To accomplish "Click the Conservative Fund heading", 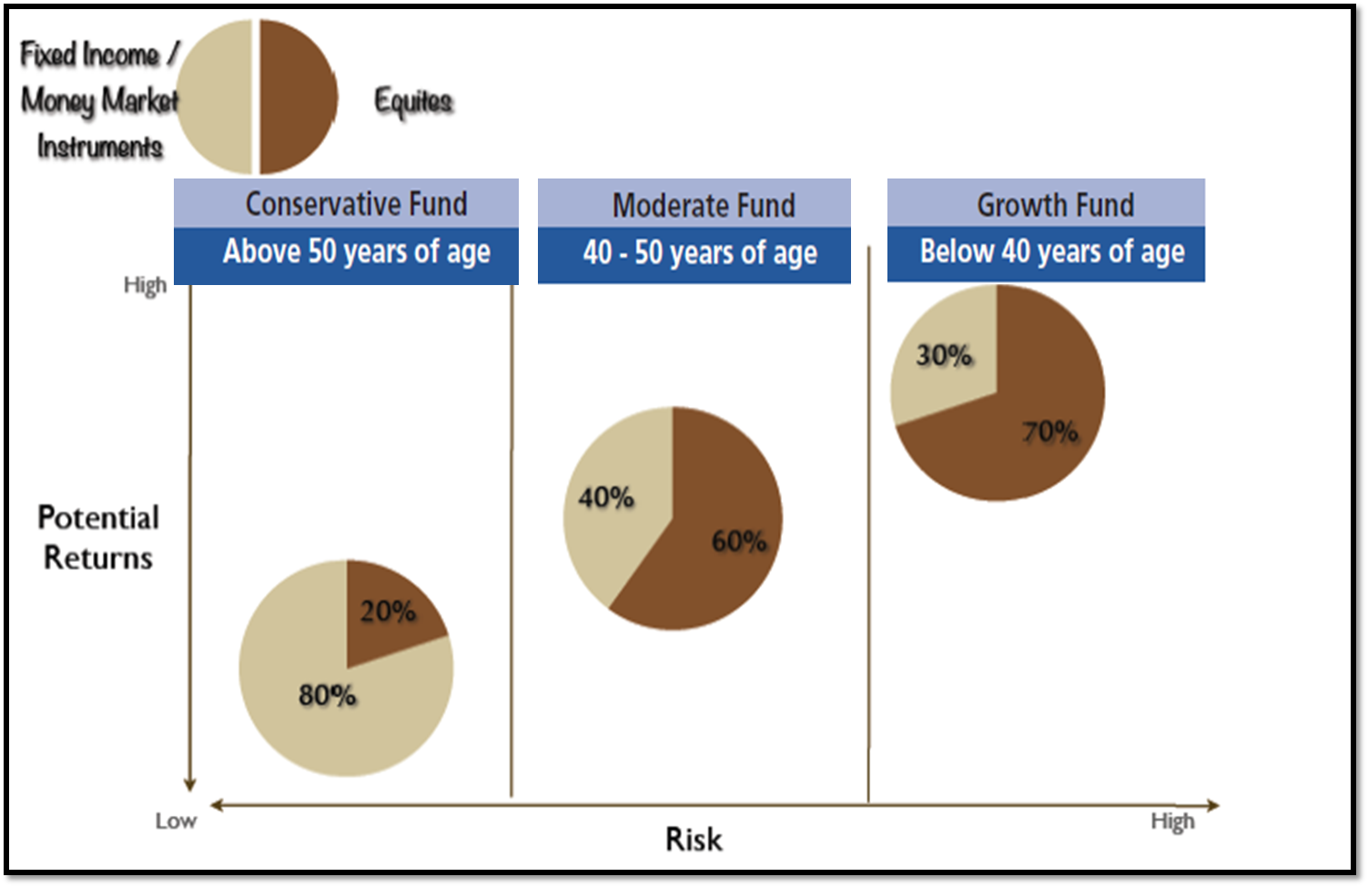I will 356,204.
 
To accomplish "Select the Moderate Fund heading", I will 704,206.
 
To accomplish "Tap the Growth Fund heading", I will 1055,205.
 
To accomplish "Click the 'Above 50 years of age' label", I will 356,252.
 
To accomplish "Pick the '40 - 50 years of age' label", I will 699,253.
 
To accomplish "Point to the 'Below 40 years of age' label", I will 1051,251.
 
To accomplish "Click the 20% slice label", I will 388,611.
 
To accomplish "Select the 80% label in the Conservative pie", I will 327,696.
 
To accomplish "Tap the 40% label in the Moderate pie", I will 605,498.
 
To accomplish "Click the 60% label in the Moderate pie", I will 738,542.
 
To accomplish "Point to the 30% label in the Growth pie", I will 944,355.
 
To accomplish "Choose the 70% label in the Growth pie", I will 1049,432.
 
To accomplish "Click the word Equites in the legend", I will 413,101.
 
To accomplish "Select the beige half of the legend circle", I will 215,97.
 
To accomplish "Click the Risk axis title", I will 694,839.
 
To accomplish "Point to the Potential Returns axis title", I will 98,537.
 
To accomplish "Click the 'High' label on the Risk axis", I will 1171,822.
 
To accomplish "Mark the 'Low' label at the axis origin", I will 176,821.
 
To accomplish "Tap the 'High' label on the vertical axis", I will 145,286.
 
